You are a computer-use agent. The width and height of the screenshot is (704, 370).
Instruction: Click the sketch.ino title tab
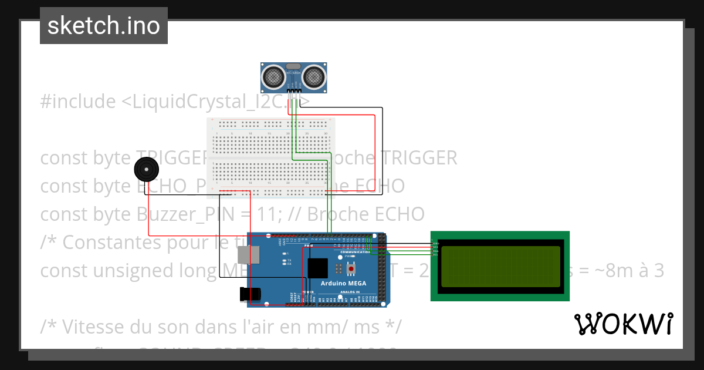pyautogui.click(x=104, y=26)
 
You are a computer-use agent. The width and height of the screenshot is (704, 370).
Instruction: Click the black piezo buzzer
pyautogui.click(x=146, y=170)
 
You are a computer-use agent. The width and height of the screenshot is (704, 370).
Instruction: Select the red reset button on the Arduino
pyautogui.click(x=351, y=269)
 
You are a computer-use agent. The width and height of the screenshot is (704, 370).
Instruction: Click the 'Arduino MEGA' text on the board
pyautogui.click(x=343, y=283)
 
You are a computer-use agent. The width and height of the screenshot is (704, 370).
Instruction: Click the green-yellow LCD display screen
pyautogui.click(x=500, y=266)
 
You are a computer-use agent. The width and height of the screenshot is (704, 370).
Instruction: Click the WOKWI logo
pyautogui.click(x=623, y=324)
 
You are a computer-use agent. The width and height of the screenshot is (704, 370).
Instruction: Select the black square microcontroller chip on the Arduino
pyautogui.click(x=318, y=268)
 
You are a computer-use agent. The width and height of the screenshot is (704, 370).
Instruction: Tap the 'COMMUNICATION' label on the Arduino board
pyautogui.click(x=355, y=252)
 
